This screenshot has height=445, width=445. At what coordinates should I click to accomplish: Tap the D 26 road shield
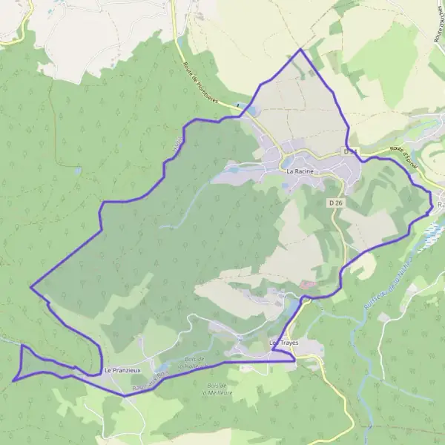335,202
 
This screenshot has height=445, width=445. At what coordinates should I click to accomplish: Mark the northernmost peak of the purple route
300,50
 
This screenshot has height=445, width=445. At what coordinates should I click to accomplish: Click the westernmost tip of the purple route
13,380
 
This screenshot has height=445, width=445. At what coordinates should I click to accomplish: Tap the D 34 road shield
351,151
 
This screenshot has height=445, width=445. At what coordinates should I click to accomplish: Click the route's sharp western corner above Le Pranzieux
30,286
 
